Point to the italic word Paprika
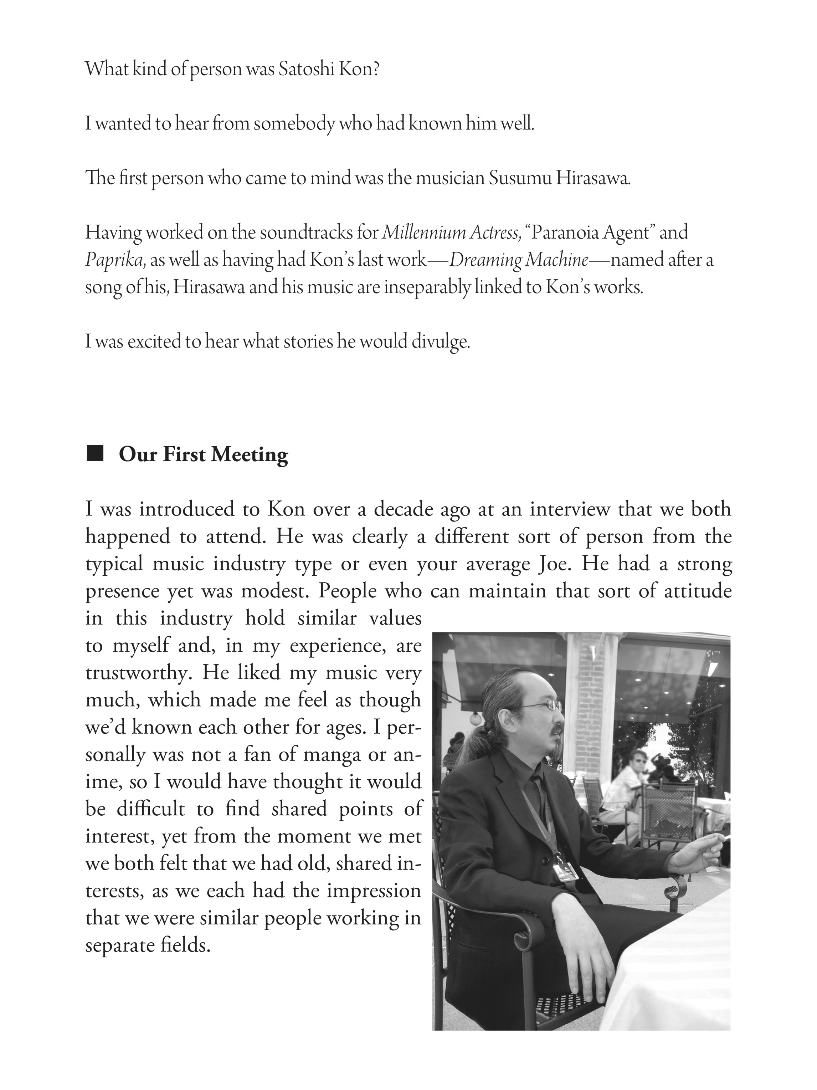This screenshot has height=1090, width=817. click(x=116, y=260)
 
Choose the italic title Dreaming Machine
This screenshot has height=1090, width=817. click(x=519, y=260)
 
